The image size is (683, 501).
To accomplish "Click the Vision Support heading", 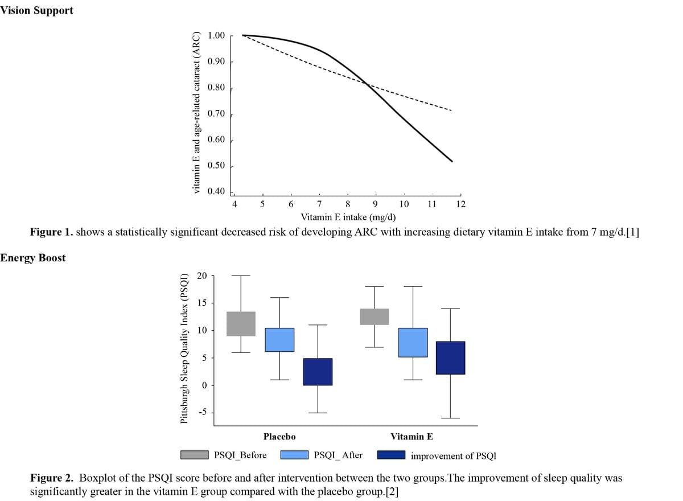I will tap(36, 10).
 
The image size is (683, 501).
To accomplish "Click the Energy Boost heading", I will tap(33, 258).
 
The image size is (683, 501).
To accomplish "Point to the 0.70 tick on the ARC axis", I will tap(217, 114).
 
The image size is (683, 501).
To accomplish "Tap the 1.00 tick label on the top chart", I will tap(217, 36).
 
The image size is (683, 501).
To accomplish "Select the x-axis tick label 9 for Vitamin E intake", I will tap(375, 204).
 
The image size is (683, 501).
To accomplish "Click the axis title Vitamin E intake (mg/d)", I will tap(348, 217).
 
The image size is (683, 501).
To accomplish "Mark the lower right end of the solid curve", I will tap(452, 161).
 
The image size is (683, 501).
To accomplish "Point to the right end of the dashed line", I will tap(451, 110).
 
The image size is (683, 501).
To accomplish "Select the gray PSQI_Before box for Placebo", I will tap(241, 323).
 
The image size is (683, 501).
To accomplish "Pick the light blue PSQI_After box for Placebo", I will tap(279, 339).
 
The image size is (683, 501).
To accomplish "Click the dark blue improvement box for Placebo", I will tap(318, 372).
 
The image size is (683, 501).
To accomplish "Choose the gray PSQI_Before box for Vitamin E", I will tap(374, 317).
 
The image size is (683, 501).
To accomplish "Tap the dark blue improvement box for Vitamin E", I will tap(450, 358).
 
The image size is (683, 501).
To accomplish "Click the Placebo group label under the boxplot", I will tap(279, 437).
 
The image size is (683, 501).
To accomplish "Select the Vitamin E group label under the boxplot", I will tap(412, 437).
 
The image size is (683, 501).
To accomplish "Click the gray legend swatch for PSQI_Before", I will tap(195, 455).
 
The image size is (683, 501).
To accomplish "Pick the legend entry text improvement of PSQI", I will tap(453, 455).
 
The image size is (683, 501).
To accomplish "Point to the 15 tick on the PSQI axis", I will tap(202, 303).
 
